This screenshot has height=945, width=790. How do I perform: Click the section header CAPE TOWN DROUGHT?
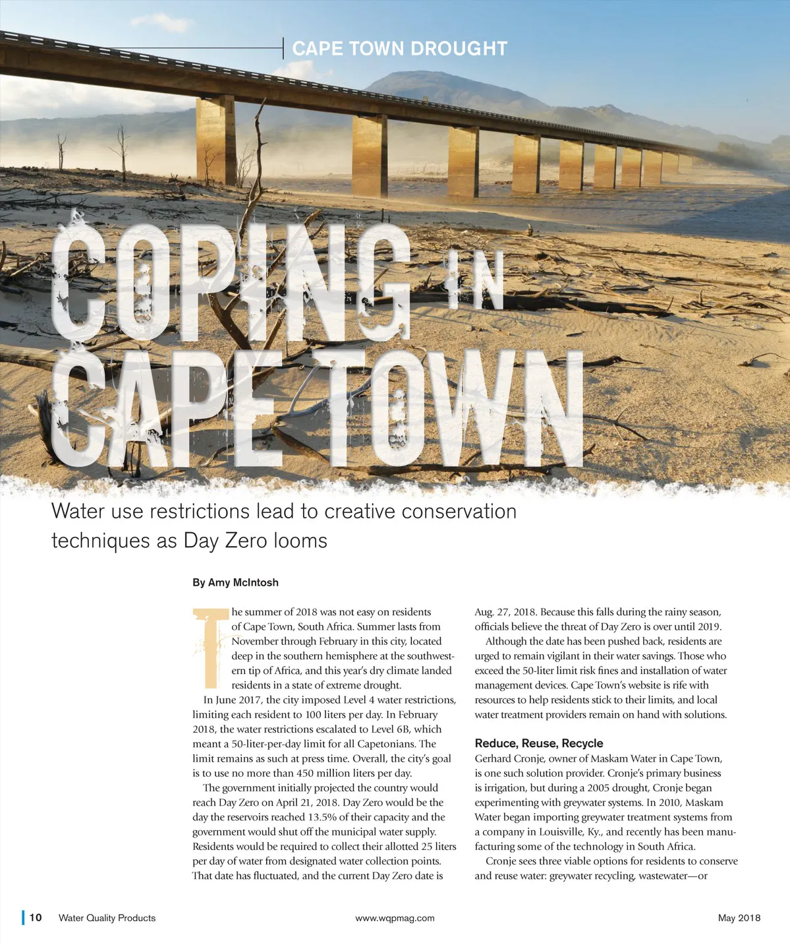[399, 49]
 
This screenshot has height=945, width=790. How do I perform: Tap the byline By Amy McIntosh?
[235, 582]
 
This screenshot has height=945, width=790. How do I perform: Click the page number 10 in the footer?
[36, 917]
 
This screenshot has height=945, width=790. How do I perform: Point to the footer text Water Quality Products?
[107, 918]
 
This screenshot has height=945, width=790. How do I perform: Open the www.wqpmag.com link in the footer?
[395, 918]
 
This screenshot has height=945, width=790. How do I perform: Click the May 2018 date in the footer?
[739, 918]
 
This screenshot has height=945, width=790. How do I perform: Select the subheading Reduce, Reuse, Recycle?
[538, 743]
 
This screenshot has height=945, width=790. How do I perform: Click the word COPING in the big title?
[231, 284]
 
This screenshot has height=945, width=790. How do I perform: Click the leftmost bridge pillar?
[215, 140]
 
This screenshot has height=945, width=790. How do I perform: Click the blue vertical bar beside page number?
[23, 917]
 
